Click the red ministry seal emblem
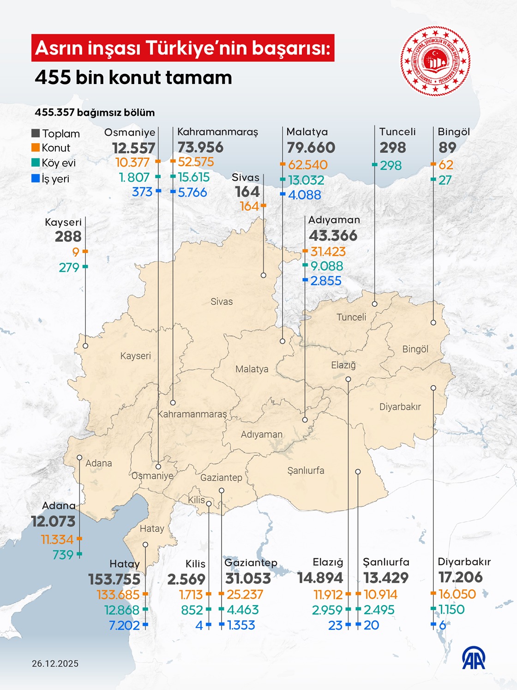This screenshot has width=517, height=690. [435, 61]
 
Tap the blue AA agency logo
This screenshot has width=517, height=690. [474, 658]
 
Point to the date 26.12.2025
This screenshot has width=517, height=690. [55, 664]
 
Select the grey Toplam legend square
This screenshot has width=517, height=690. [36, 133]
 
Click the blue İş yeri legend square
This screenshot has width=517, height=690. [36, 178]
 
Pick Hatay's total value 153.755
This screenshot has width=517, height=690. [114, 579]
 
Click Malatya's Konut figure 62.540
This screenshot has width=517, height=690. [307, 165]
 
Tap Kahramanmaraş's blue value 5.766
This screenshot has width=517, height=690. [192, 192]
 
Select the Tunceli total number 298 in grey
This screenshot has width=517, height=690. [393, 148]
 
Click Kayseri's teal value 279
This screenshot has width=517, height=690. [69, 267]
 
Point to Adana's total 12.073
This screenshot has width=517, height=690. [53, 521]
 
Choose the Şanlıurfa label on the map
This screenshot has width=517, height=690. [306, 471]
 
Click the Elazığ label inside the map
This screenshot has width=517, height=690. [343, 365]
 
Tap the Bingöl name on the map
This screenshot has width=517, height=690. [415, 349]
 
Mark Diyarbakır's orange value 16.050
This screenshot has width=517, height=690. [457, 594]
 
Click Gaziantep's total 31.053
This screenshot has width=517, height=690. [248, 578]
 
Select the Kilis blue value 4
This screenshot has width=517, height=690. [199, 625]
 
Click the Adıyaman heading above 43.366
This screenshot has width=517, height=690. [334, 220]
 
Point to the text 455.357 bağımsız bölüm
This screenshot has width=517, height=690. [95, 113]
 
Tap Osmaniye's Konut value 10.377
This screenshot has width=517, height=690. [132, 163]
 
